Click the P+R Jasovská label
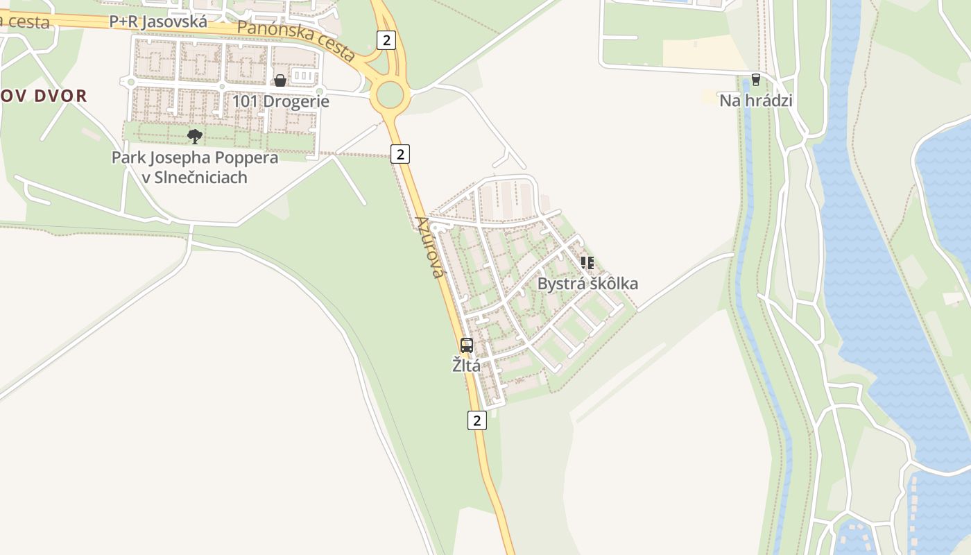[158, 22]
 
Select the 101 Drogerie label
[280, 101]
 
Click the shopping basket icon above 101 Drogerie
[280, 80]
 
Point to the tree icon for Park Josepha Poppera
[195, 136]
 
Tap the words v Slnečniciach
[194, 178]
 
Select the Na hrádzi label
[755, 101]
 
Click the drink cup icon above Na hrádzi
[755, 80]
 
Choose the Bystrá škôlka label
[587, 284]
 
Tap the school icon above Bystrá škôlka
[587, 263]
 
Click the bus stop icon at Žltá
[467, 345]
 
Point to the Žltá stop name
[466, 365]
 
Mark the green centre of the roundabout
[390, 95]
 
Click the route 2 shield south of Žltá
[476, 420]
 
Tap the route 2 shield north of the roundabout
[386, 40]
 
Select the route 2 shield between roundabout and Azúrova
[400, 153]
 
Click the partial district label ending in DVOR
[44, 96]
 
